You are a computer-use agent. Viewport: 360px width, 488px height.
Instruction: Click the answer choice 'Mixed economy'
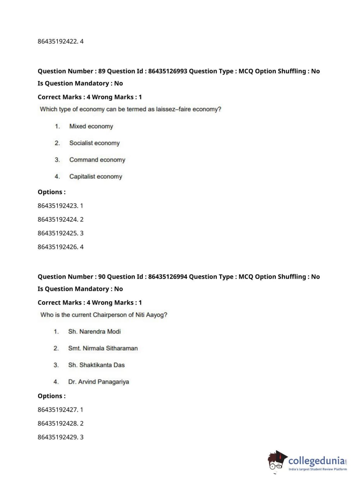pyautogui.click(x=91, y=126)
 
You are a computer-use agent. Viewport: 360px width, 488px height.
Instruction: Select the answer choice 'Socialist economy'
pyautogui.click(x=94, y=143)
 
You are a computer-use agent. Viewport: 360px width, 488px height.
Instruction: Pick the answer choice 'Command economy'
pyautogui.click(x=97, y=160)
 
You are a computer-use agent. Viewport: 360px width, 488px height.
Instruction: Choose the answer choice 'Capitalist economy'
pyautogui.click(x=96, y=176)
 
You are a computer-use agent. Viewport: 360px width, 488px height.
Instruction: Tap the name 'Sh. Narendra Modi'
pyautogui.click(x=94, y=331)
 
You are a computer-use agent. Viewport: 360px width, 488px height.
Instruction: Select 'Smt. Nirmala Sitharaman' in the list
pyautogui.click(x=103, y=348)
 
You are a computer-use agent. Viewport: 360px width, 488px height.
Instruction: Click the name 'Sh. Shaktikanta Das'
pyautogui.click(x=96, y=365)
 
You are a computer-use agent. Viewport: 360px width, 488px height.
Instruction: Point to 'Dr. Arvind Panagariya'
pyautogui.click(x=99, y=382)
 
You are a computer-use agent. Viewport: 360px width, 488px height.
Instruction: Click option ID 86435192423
pyautogui.click(x=58, y=206)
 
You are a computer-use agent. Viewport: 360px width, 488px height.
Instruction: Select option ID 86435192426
pyautogui.click(x=58, y=247)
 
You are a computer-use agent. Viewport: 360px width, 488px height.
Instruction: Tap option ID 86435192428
pyautogui.click(x=58, y=424)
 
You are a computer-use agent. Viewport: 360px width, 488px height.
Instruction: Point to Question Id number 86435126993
pyautogui.click(x=168, y=71)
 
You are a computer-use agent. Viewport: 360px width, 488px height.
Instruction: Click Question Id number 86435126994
pyautogui.click(x=168, y=277)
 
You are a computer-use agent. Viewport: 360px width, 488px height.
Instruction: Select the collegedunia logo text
pyautogui.click(x=316, y=461)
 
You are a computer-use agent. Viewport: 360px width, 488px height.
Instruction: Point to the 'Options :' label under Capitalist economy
pyautogui.click(x=51, y=192)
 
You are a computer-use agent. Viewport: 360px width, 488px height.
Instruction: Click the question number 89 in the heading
pyautogui.click(x=102, y=71)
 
